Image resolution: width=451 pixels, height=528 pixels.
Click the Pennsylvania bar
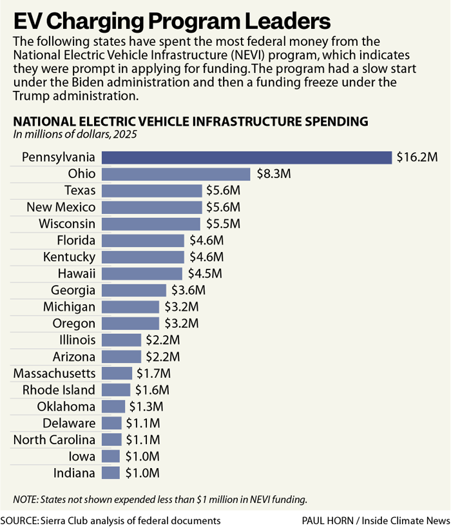[247, 157]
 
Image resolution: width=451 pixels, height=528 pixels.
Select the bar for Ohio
[176, 174]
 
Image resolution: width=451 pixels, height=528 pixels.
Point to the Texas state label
[80, 190]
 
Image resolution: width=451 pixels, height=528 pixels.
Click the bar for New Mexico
[151, 207]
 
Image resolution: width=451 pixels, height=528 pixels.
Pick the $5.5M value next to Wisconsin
[222, 224]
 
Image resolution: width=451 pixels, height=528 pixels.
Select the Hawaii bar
[142, 273]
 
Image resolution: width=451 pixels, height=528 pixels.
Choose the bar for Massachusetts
[117, 373]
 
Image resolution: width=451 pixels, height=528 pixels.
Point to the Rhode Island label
[59, 390]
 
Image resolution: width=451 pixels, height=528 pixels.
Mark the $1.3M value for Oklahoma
[146, 407]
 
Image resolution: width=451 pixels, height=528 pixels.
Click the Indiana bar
[111, 473]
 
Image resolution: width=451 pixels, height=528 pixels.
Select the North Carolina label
[54, 440]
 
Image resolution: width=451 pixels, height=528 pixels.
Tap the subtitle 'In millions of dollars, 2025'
[75, 134]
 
